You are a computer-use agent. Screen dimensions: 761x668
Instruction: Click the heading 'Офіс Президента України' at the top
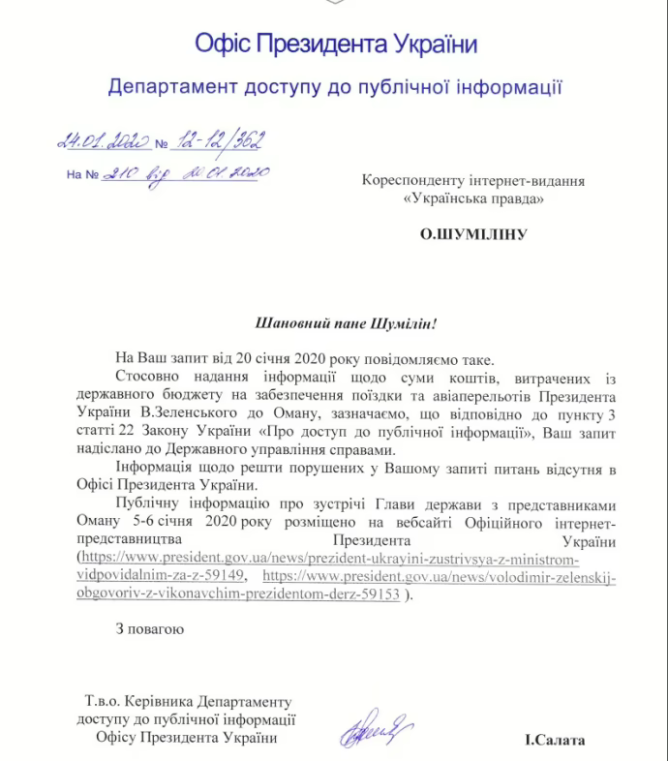(x=335, y=44)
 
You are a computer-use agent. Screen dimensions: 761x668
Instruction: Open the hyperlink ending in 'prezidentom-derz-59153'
(x=239, y=595)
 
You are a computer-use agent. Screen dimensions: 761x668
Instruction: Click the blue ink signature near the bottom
(x=376, y=727)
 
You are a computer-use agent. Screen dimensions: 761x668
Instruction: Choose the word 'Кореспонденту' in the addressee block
(x=412, y=180)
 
